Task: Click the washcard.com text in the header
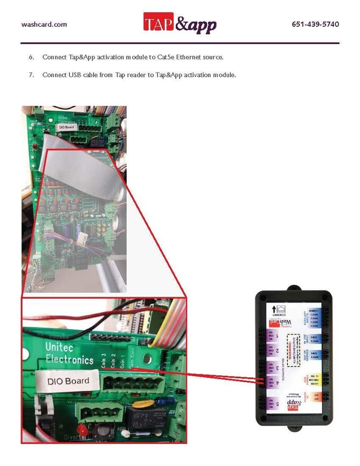coord(44,24)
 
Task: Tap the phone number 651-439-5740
coord(315,24)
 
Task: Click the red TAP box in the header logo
coord(159,23)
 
